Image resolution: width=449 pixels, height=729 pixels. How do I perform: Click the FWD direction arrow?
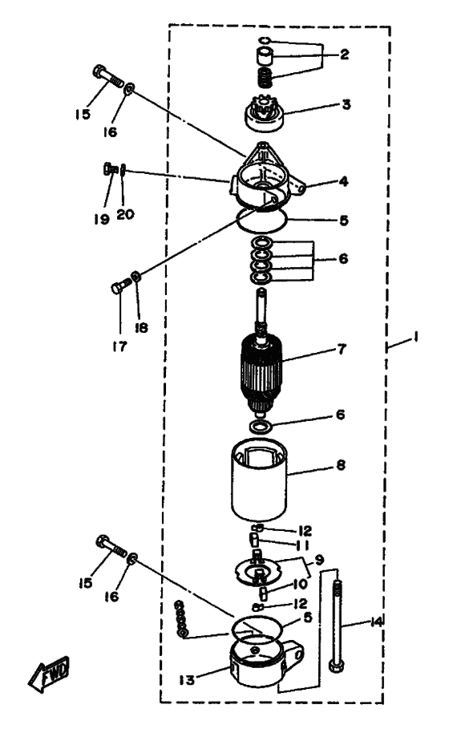[48, 674]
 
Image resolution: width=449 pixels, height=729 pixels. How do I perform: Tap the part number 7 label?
[342, 349]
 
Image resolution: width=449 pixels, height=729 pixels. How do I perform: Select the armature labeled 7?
[261, 354]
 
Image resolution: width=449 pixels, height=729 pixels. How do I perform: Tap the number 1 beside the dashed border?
[415, 336]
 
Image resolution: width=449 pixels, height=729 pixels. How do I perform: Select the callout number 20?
[125, 214]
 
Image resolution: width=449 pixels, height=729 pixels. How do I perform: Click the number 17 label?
[119, 346]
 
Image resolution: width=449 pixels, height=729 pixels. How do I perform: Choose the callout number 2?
[344, 55]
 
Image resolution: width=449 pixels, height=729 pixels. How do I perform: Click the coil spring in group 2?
[265, 77]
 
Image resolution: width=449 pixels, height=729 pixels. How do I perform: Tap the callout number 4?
[343, 181]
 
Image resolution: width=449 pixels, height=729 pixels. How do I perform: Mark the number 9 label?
[319, 560]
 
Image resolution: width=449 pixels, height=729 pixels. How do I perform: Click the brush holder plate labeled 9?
[258, 568]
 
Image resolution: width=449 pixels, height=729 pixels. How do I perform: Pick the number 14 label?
[376, 622]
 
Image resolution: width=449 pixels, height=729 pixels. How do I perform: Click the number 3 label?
[346, 104]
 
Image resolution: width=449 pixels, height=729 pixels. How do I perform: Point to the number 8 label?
[341, 464]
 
